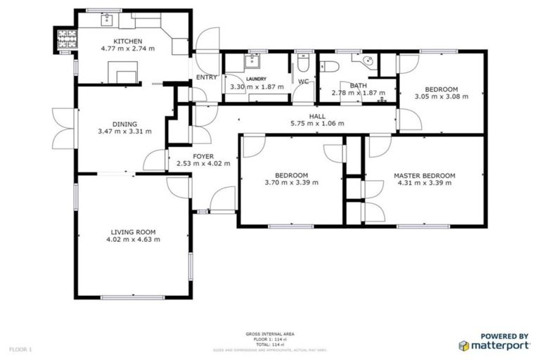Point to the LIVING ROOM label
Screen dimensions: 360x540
pyautogui.click(x=133, y=231)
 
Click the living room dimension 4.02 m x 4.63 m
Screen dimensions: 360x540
pyautogui.click(x=133, y=239)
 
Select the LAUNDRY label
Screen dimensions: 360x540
pyautogui.click(x=256, y=79)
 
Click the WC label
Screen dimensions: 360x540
pyautogui.click(x=303, y=82)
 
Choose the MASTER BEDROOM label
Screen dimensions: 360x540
pyautogui.click(x=424, y=175)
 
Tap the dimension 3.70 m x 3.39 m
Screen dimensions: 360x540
pyautogui.click(x=291, y=183)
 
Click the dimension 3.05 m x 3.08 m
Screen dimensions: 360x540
pyautogui.click(x=436, y=96)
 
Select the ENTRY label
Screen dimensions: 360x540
pyautogui.click(x=207, y=77)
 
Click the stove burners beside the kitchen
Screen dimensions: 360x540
pyautogui.click(x=65, y=40)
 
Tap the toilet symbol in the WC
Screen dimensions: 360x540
pyautogui.click(x=302, y=65)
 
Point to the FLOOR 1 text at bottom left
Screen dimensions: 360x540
pyautogui.click(x=20, y=349)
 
